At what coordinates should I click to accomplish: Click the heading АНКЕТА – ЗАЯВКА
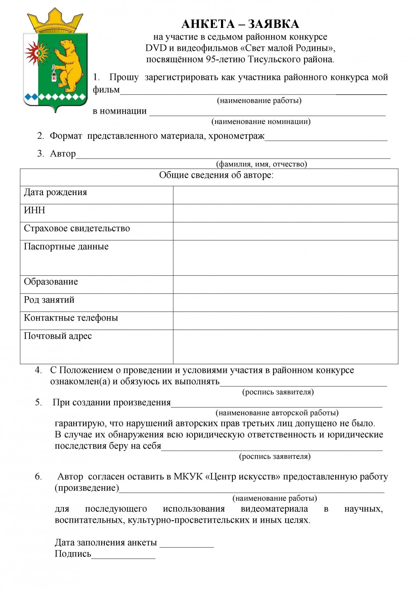click(240, 24)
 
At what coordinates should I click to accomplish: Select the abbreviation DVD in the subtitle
click(156, 48)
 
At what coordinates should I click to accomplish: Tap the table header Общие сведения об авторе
click(216, 175)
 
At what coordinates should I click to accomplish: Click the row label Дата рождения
click(55, 192)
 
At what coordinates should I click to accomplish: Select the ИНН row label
click(35, 210)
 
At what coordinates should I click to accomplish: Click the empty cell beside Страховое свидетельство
click(285, 231)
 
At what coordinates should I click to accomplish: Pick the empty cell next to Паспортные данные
click(285, 258)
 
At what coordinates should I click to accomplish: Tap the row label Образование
click(51, 282)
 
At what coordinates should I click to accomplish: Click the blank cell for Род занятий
click(285, 302)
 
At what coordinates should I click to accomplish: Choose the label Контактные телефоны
click(71, 318)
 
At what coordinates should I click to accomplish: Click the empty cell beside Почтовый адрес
click(285, 347)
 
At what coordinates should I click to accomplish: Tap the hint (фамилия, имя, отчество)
click(261, 164)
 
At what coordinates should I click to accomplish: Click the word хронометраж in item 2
click(236, 136)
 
